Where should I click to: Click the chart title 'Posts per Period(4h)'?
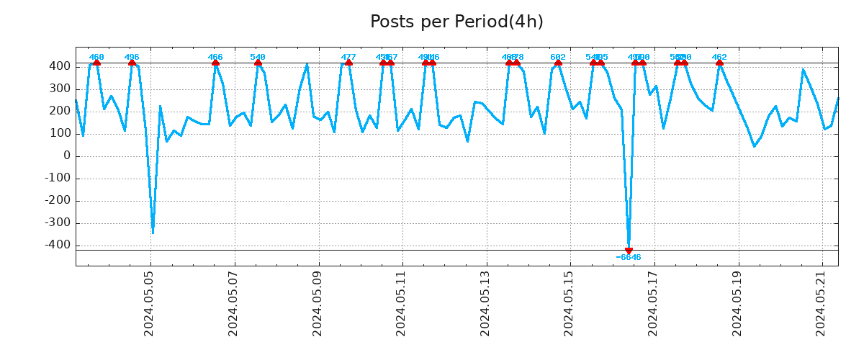click(x=456, y=22)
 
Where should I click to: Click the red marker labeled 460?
click(x=96, y=63)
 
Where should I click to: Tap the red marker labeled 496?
click(x=132, y=63)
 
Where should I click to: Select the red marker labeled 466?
click(x=215, y=63)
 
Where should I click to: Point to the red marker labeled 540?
click(x=258, y=63)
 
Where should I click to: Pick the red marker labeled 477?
click(x=348, y=63)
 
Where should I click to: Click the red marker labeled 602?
click(x=558, y=63)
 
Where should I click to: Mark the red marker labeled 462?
click(x=719, y=63)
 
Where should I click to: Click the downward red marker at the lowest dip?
click(x=629, y=251)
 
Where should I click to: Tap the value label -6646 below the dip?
click(x=629, y=258)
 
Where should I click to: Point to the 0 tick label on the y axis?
click(x=66, y=156)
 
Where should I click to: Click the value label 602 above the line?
click(x=558, y=57)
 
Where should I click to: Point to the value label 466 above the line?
click(x=215, y=57)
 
